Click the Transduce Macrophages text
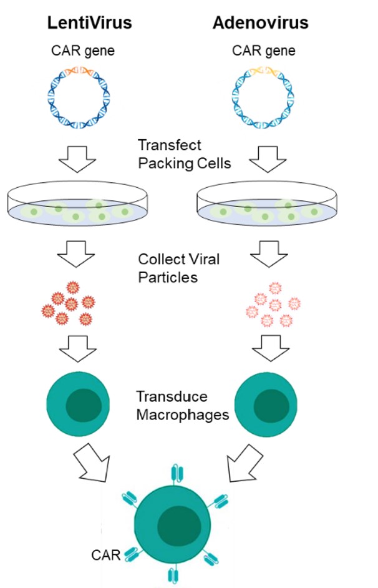181,406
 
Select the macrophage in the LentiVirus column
78,404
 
